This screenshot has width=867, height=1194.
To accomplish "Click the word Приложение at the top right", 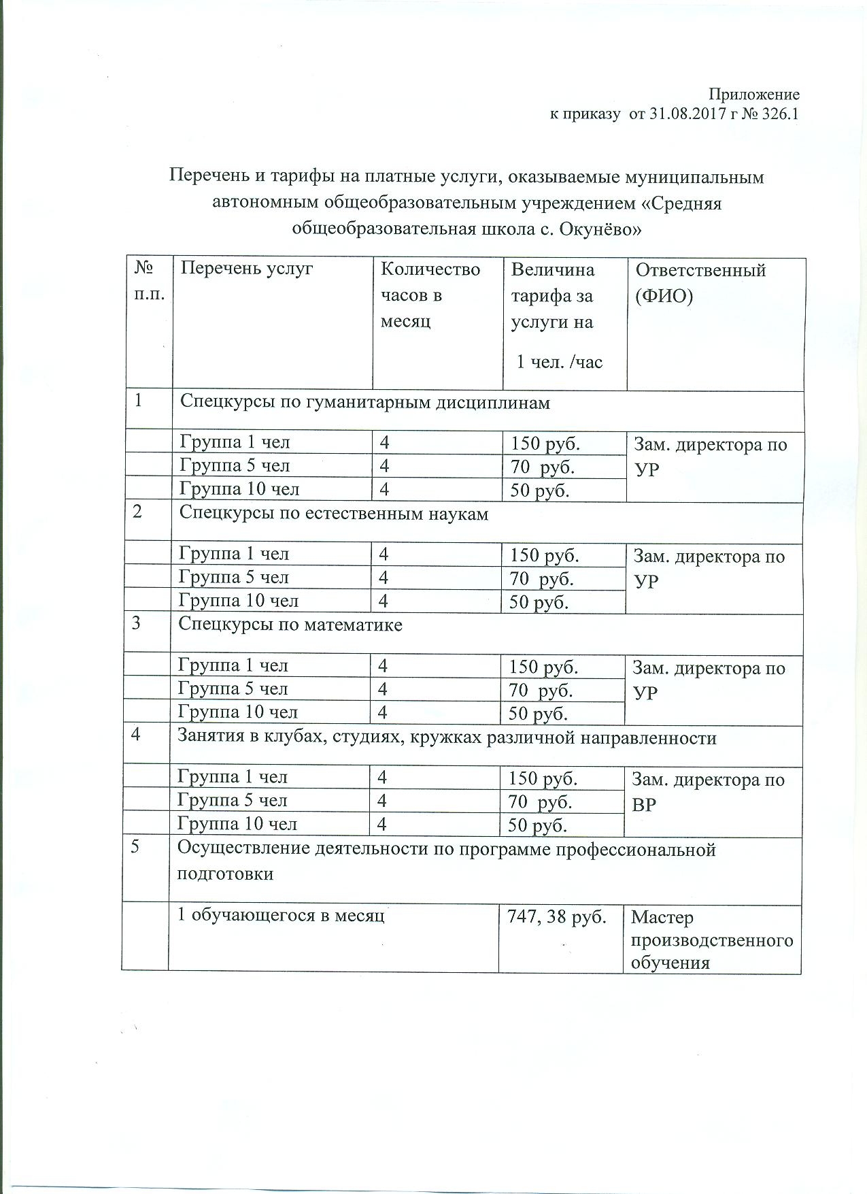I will (754, 95).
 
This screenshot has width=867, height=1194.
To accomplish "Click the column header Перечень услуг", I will (246, 269).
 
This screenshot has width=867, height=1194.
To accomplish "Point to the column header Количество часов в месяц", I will (430, 295).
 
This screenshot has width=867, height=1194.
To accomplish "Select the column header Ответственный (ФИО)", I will (700, 283).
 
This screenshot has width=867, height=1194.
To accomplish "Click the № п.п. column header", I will (149, 282).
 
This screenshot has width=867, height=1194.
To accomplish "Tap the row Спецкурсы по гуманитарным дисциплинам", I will (364, 402).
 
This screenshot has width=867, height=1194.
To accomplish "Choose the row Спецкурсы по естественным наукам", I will (333, 514).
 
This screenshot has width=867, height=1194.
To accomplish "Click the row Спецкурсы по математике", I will (290, 625).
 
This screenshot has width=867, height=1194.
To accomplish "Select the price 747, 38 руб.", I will (557, 917).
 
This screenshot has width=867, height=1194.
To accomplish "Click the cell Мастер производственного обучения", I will (711, 940).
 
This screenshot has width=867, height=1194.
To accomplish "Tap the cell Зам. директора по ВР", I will (708, 792).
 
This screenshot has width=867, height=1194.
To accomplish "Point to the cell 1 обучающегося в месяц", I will (281, 916).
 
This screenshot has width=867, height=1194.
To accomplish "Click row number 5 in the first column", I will (138, 850).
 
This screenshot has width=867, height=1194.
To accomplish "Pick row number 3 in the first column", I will (137, 623).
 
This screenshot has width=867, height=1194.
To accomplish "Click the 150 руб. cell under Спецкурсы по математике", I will (543, 667).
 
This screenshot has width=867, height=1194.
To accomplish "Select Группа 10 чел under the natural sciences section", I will (239, 601).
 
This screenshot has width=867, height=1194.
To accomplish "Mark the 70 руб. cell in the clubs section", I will (541, 803).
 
